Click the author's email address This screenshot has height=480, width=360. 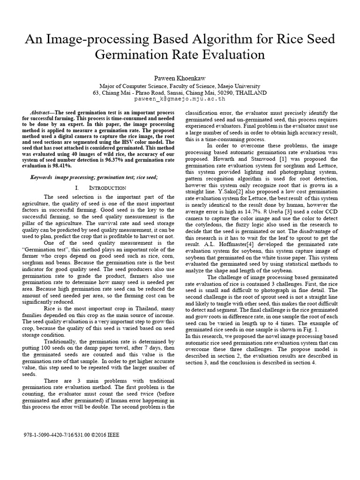tap(180, 99)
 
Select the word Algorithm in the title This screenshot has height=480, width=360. tap(201, 39)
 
